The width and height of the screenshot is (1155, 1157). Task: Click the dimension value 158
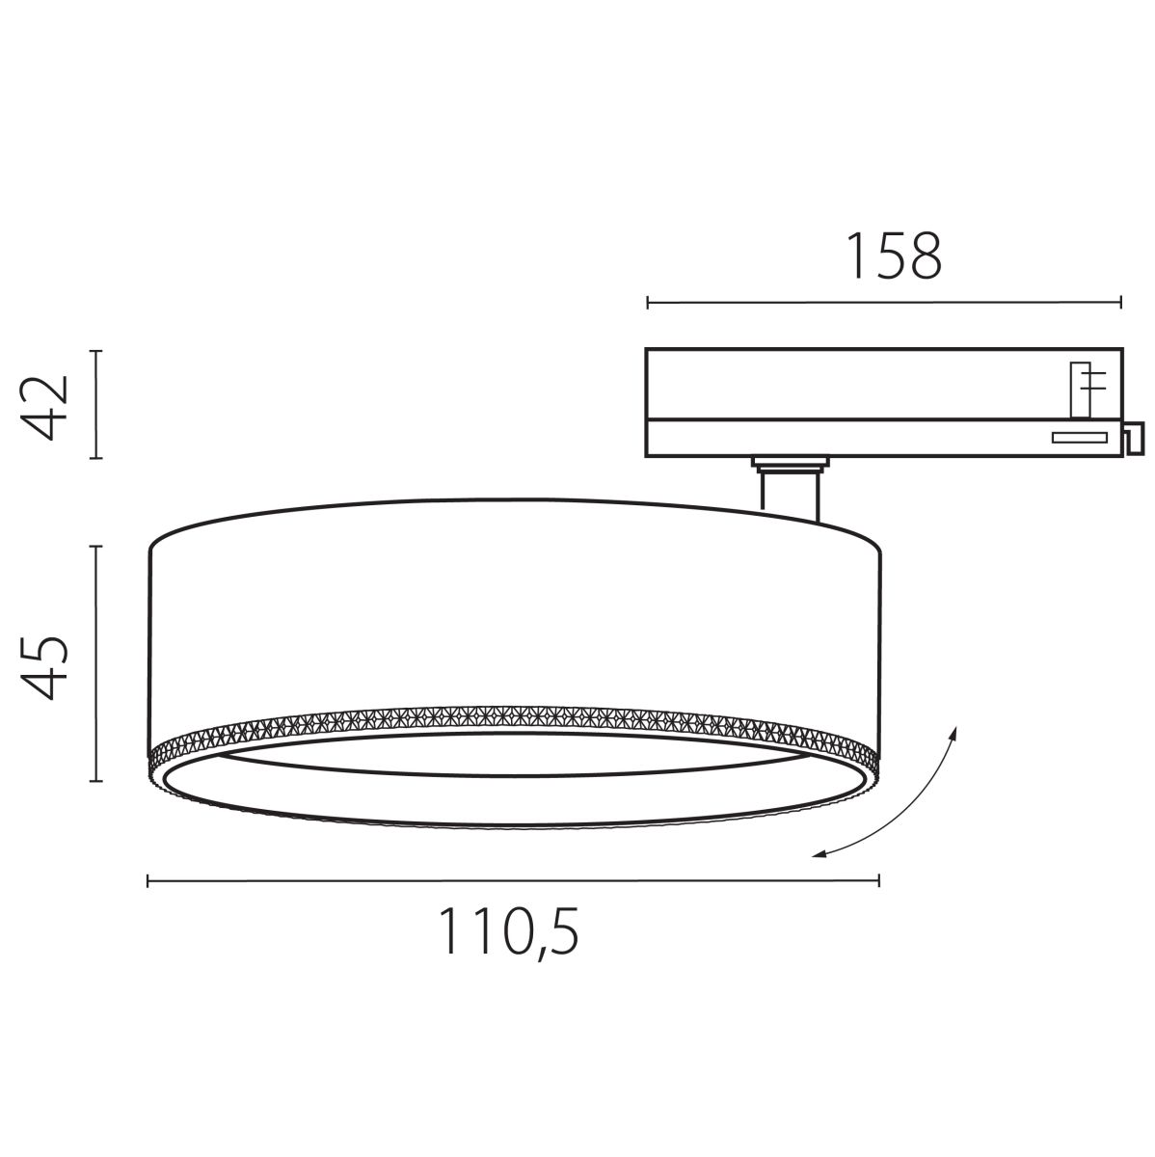pyautogui.click(x=893, y=256)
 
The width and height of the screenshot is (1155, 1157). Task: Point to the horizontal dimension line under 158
pyautogui.click(x=883, y=303)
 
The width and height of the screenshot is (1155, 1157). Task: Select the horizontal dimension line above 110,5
pyautogui.click(x=512, y=878)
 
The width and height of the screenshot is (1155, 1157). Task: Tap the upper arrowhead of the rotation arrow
pyautogui.click(x=954, y=733)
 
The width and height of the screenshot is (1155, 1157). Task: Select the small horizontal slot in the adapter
pyautogui.click(x=1078, y=439)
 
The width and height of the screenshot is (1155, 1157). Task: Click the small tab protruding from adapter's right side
pyautogui.click(x=1134, y=440)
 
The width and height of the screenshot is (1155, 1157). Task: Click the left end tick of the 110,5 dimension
pyautogui.click(x=148, y=878)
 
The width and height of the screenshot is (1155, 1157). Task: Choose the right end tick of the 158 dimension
pyautogui.click(x=1121, y=303)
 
